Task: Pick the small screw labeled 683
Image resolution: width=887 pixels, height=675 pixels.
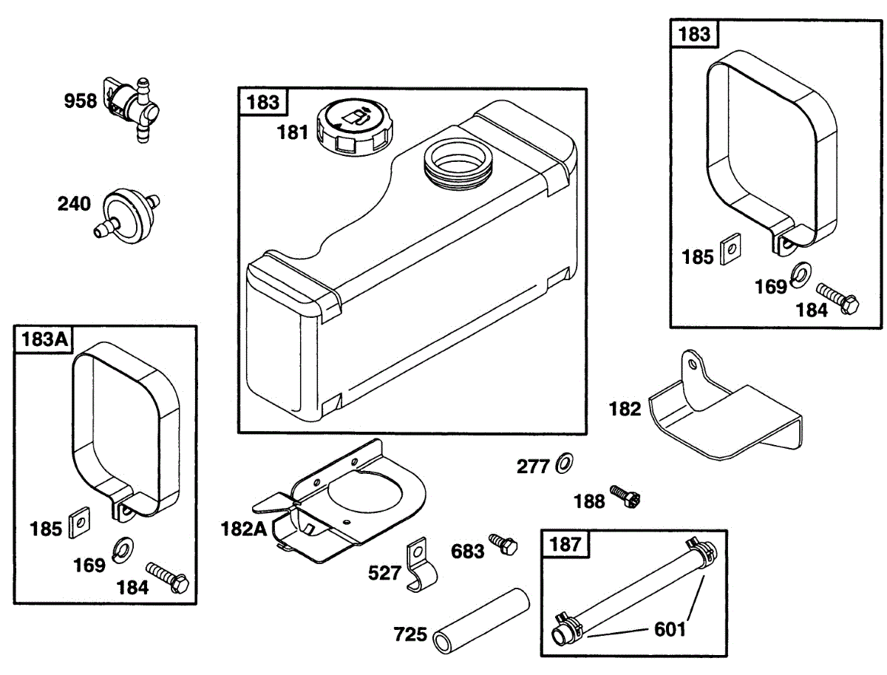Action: (x=505, y=544)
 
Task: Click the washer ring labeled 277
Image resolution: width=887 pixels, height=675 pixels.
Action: (x=563, y=464)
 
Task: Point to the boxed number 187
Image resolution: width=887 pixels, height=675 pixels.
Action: (x=567, y=546)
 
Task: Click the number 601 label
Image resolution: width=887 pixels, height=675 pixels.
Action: (x=670, y=629)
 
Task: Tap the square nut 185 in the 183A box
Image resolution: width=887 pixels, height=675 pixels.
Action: (x=78, y=523)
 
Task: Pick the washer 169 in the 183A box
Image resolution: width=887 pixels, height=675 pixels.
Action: (x=121, y=548)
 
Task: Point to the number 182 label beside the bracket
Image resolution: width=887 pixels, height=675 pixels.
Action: (x=625, y=409)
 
